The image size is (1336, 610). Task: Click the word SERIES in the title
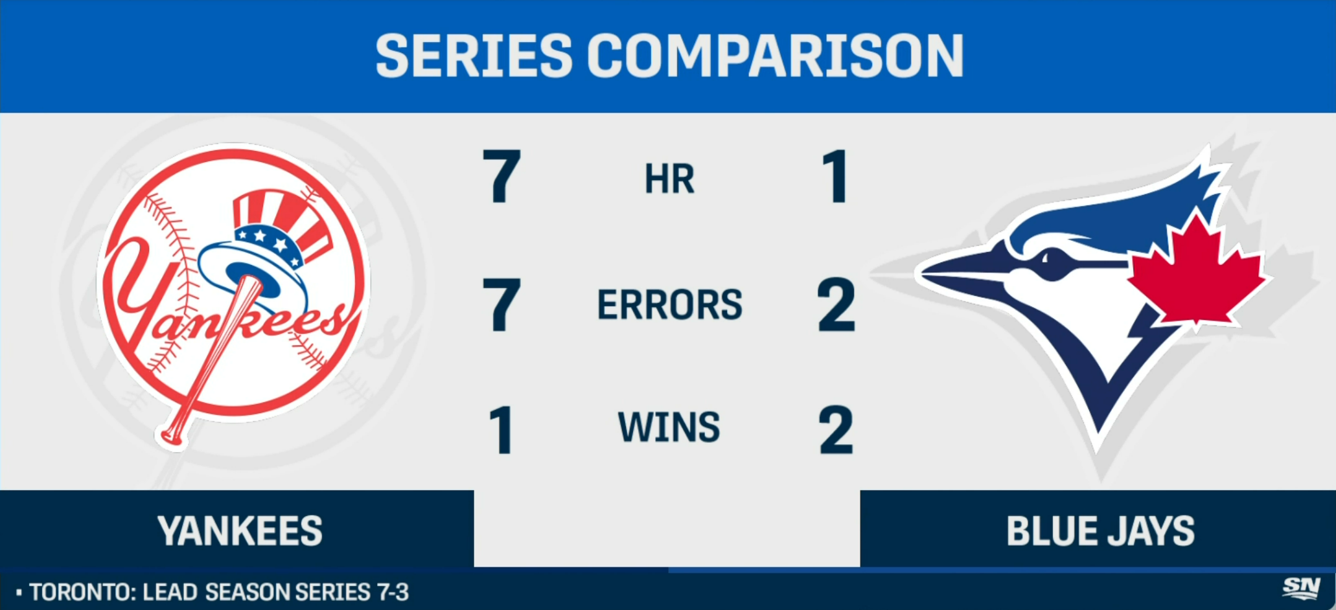474,56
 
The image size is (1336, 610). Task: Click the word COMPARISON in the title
776,56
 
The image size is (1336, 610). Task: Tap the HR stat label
669,179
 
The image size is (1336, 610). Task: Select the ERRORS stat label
669,304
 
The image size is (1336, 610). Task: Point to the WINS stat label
669,427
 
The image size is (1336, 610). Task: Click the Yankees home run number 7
501,176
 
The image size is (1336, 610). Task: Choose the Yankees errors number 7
501,304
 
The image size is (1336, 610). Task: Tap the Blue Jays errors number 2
836,304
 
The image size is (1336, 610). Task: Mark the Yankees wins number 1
501,430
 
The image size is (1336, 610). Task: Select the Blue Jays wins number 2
836,430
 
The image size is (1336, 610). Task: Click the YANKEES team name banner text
240,531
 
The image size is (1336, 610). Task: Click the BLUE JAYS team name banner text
1100,531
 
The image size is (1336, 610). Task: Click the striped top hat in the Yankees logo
272,240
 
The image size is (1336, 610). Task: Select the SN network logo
1301,588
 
